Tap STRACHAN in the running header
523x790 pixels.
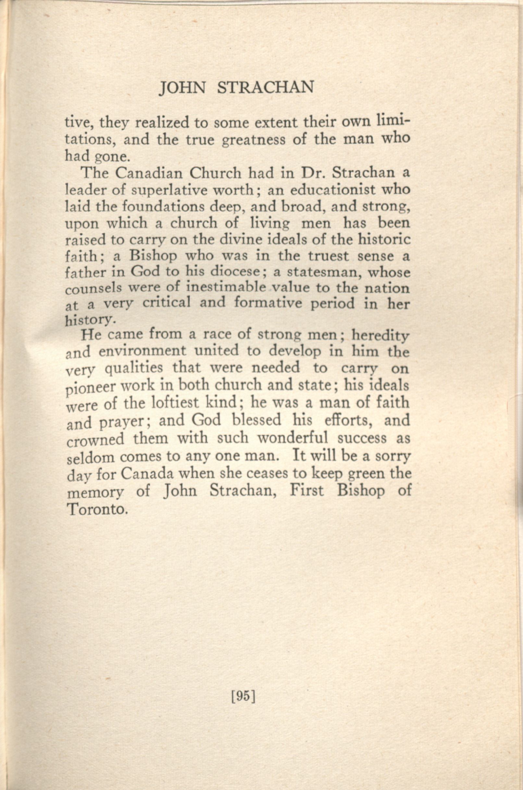coord(265,88)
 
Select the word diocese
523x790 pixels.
coord(235,273)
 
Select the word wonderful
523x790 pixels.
coord(293,438)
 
